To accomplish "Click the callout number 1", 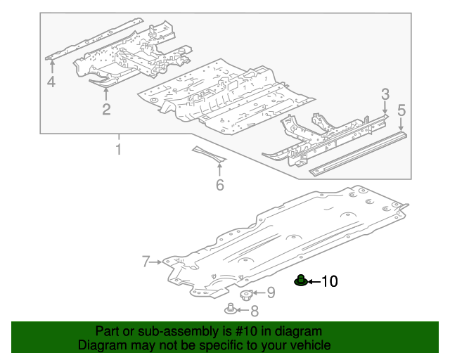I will coord(118,150).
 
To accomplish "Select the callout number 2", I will coord(106,109).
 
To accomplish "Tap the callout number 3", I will coord(385,94).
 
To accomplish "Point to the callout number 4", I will coord(51,83).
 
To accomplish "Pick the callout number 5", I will coord(401,110).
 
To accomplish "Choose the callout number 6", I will coord(219,185).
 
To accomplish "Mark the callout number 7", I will coord(146,262).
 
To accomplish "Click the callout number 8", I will coord(254,311).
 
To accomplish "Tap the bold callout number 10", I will coord(329,282).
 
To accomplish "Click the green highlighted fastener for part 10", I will coord(301,281).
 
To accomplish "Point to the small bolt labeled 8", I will coord(232,309).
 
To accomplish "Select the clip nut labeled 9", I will coord(247,294).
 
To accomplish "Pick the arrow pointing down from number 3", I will coord(385,106).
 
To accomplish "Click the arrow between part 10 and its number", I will coord(314,282).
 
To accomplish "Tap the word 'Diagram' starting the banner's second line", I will coord(101,345).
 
